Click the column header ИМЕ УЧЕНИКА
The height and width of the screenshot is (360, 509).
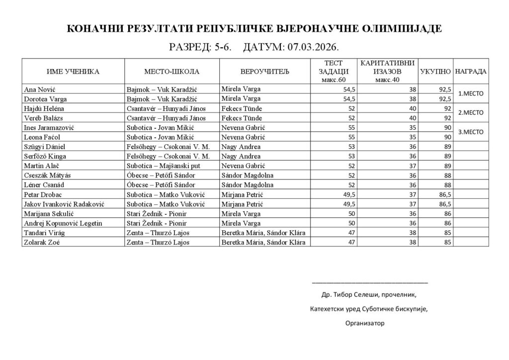[73, 72]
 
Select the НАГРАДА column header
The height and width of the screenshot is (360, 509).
[471, 72]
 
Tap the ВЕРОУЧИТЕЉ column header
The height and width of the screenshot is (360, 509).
[264, 72]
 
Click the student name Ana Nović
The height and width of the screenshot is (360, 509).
[39, 89]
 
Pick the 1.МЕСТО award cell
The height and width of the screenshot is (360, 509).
[471, 93]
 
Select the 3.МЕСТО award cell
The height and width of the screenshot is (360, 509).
[471, 132]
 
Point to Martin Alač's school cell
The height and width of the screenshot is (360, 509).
[164, 166]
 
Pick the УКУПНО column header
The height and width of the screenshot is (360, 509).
[435, 72]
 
